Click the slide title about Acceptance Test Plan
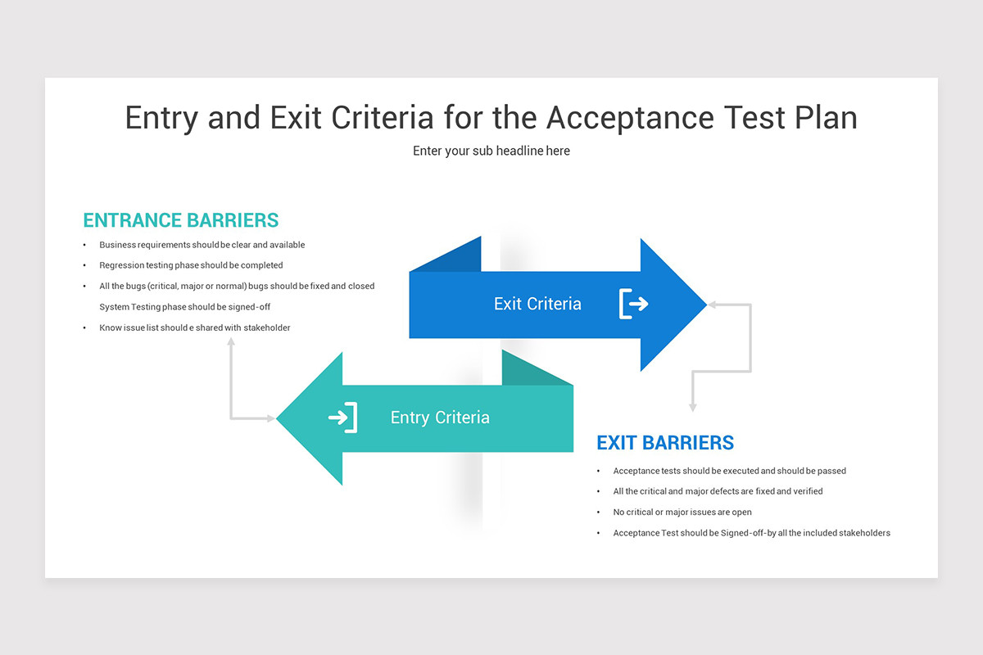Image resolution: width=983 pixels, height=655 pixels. pyautogui.click(x=491, y=118)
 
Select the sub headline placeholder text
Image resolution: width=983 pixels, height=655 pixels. pyautogui.click(x=491, y=151)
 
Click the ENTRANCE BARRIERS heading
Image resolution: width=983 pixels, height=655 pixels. pyautogui.click(x=181, y=220)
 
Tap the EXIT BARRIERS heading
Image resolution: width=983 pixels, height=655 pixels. pyautogui.click(x=665, y=443)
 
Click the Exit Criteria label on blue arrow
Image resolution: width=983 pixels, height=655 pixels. pyautogui.click(x=537, y=304)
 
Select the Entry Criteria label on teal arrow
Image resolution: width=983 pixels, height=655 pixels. pyautogui.click(x=440, y=418)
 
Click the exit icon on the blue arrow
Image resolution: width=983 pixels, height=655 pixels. pyautogui.click(x=633, y=304)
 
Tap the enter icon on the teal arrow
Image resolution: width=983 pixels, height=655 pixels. pyautogui.click(x=343, y=418)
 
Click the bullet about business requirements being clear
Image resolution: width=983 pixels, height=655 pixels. pyautogui.click(x=202, y=245)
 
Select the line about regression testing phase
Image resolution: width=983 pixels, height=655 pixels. pyautogui.click(x=191, y=265)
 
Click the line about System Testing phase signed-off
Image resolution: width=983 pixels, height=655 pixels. pyautogui.click(x=185, y=307)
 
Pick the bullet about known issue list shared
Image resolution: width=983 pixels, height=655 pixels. pyautogui.click(x=195, y=327)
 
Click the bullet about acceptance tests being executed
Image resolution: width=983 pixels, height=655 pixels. pyautogui.click(x=729, y=471)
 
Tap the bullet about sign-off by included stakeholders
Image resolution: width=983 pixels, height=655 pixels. pyautogui.click(x=751, y=533)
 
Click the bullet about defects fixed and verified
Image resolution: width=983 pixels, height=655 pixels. pyautogui.click(x=718, y=491)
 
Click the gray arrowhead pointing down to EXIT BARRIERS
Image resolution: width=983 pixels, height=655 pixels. pyautogui.click(x=693, y=407)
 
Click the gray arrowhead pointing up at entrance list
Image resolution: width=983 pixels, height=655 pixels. pyautogui.click(x=231, y=341)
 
